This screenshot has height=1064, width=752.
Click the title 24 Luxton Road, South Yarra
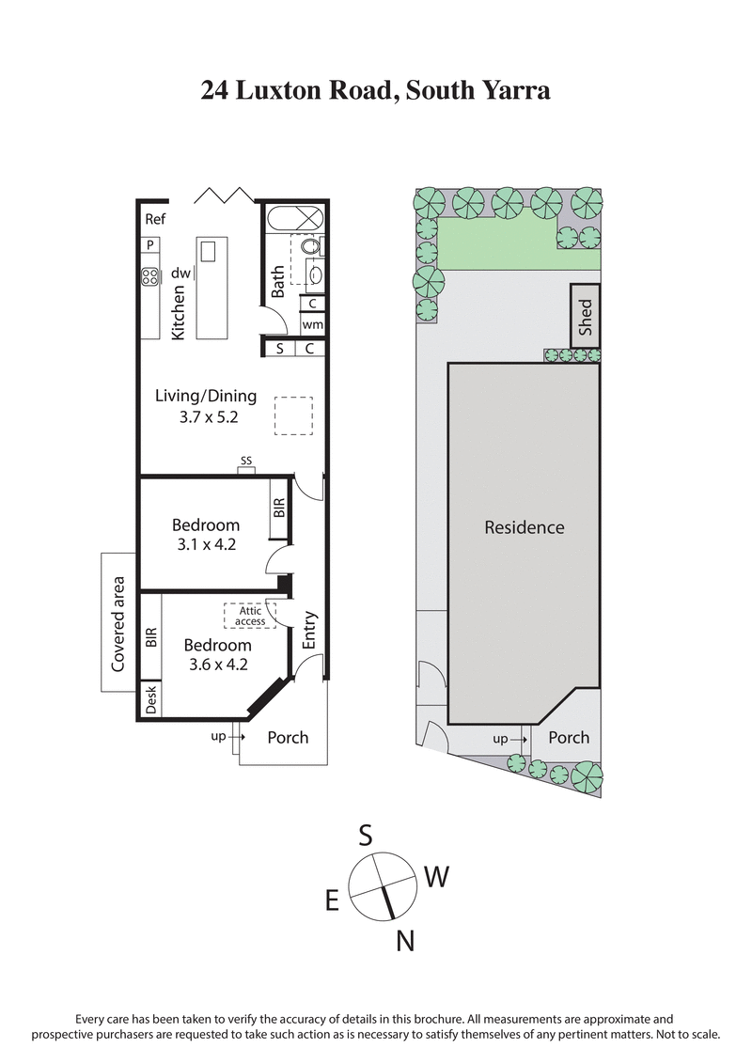(375, 90)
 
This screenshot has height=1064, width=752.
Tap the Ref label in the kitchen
(154, 220)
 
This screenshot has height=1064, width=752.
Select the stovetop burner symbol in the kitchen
(149, 276)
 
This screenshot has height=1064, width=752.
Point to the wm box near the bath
(313, 324)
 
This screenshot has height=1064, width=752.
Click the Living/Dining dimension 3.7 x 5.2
(205, 416)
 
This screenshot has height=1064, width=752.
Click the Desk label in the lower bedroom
(150, 699)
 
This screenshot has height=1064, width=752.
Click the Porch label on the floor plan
(288, 737)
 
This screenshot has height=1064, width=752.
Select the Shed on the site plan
(585, 317)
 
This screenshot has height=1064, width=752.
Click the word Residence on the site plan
(524, 527)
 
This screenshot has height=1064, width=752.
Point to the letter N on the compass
(405, 940)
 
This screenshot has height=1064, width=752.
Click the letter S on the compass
(366, 834)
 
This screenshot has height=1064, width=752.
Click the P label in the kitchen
(149, 245)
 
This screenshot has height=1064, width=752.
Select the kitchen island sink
(208, 252)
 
